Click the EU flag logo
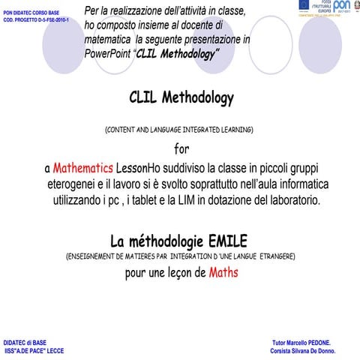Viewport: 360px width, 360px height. point(302,6)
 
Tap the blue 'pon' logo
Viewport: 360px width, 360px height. point(342,7)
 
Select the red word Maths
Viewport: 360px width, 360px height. point(223,273)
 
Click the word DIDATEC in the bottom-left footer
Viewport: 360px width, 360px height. point(18,341)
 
